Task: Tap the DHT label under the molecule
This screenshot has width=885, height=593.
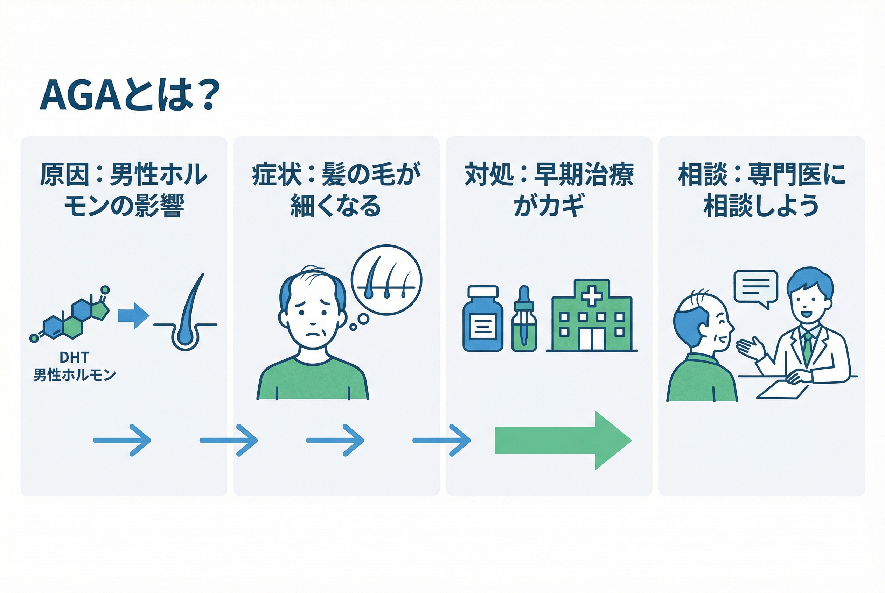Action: [74, 357]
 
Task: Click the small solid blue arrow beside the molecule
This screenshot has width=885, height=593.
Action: [133, 316]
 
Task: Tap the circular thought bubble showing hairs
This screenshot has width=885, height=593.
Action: [386, 280]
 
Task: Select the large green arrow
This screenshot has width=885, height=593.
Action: [563, 440]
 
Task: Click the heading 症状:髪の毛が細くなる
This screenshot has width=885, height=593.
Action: [336, 190]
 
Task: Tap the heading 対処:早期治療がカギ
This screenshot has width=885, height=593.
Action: [549, 190]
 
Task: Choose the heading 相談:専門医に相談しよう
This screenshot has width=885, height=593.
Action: [761, 190]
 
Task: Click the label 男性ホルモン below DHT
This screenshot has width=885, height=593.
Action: [74, 375]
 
